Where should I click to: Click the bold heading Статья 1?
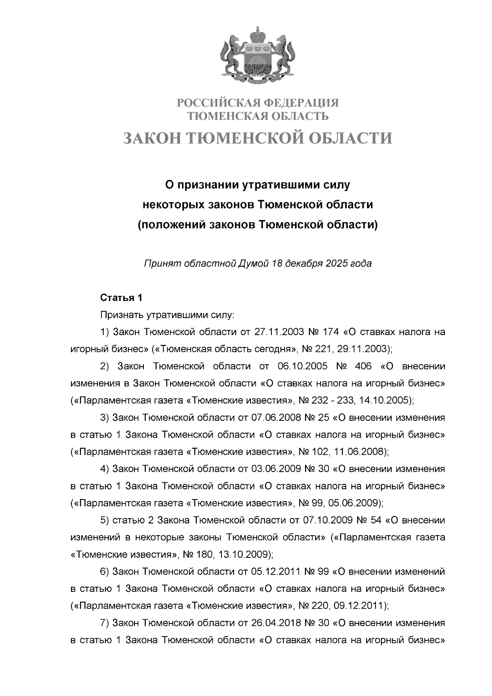tap(121, 297)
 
